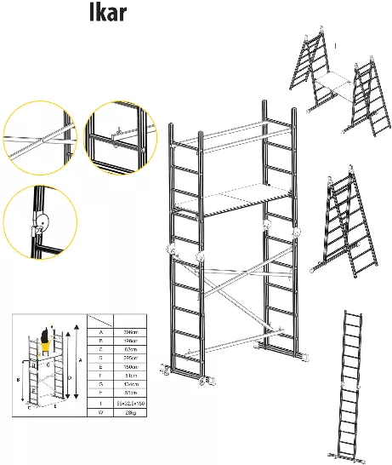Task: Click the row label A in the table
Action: (101, 334)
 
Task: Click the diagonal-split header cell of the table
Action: (101, 321)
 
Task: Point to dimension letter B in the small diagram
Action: (19, 378)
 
